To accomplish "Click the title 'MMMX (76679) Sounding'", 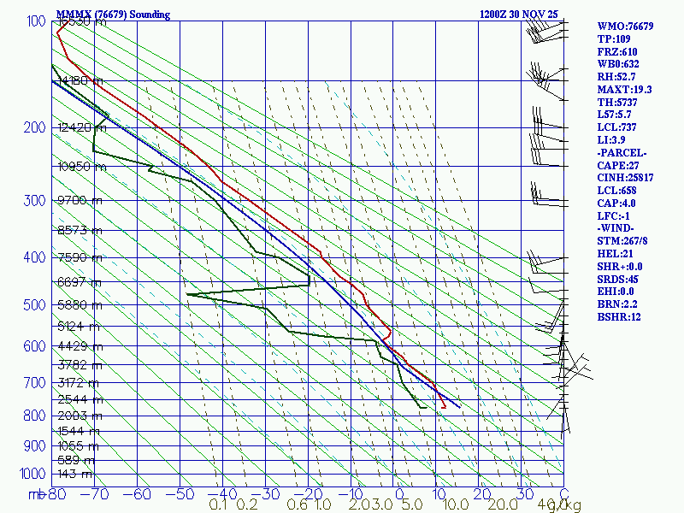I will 113,15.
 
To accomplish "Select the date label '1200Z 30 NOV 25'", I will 520,15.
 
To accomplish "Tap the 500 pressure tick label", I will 34,305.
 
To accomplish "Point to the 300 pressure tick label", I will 34,201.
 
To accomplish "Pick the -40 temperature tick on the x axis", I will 222,495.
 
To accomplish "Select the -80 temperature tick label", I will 56,495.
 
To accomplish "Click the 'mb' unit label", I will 36,495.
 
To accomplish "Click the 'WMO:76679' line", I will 625,27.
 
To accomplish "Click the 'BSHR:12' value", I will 619,317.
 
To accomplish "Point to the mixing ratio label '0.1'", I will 218,506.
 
